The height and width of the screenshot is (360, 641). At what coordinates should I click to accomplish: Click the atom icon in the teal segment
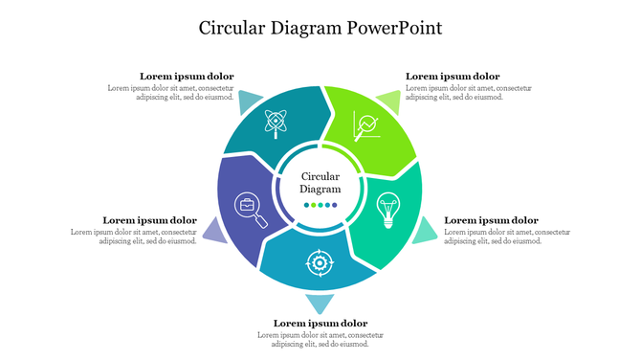click(x=276, y=123)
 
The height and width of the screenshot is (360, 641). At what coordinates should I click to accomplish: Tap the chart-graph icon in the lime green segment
click(x=365, y=125)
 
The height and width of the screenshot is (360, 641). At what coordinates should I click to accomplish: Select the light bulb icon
click(x=387, y=209)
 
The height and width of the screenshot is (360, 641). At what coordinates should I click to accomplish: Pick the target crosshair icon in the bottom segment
click(x=319, y=261)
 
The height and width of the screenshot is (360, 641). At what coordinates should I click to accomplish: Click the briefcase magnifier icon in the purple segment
click(x=252, y=209)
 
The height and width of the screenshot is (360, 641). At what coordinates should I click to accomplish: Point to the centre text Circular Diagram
click(x=320, y=183)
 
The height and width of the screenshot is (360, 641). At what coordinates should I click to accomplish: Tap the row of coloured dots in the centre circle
click(x=320, y=205)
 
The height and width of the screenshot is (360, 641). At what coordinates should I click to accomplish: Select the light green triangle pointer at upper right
click(x=388, y=100)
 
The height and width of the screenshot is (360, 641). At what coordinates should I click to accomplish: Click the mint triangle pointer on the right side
click(x=425, y=231)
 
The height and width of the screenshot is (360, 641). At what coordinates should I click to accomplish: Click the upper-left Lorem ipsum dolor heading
click(x=187, y=77)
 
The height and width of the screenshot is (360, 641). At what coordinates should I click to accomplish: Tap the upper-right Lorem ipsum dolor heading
click(x=453, y=77)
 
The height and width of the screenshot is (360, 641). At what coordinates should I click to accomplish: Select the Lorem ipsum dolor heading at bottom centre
click(x=320, y=324)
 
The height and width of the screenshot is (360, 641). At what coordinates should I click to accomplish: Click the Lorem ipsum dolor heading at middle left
click(x=149, y=220)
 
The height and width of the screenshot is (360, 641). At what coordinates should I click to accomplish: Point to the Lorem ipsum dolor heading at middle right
click(x=491, y=220)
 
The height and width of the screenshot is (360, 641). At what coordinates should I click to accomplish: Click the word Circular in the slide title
click(x=232, y=28)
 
